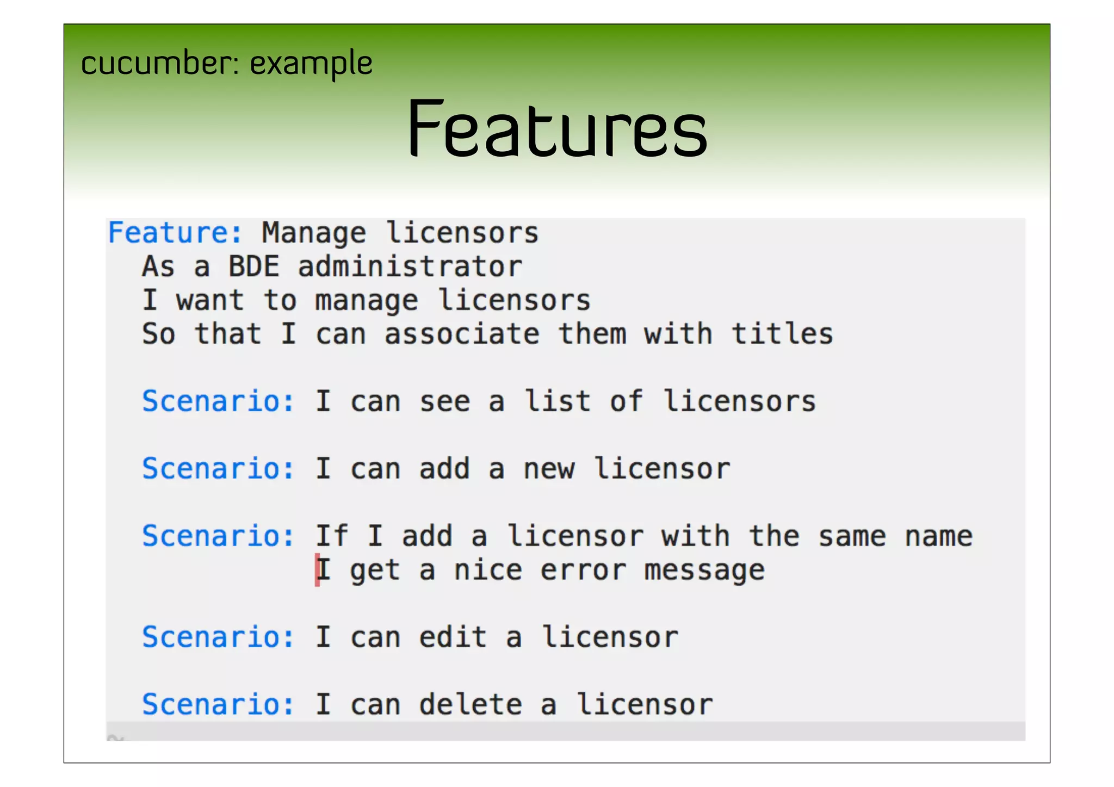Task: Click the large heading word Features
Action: [x=557, y=129]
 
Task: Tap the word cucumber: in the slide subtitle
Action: [x=160, y=63]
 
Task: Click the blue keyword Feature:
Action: [x=175, y=233]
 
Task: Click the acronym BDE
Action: [x=253, y=267]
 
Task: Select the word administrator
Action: [x=410, y=267]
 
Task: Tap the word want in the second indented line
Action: [x=210, y=300]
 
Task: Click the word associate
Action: [x=462, y=334]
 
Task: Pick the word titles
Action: [x=782, y=334]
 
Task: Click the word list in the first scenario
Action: [x=557, y=401]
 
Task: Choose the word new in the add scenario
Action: [x=548, y=469]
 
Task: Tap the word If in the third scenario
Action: [x=332, y=536]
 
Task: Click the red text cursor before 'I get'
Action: [x=317, y=570]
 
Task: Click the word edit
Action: [x=453, y=637]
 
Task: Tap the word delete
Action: [x=471, y=705]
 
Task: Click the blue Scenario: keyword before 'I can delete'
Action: [x=218, y=705]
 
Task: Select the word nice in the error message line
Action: [x=488, y=570]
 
